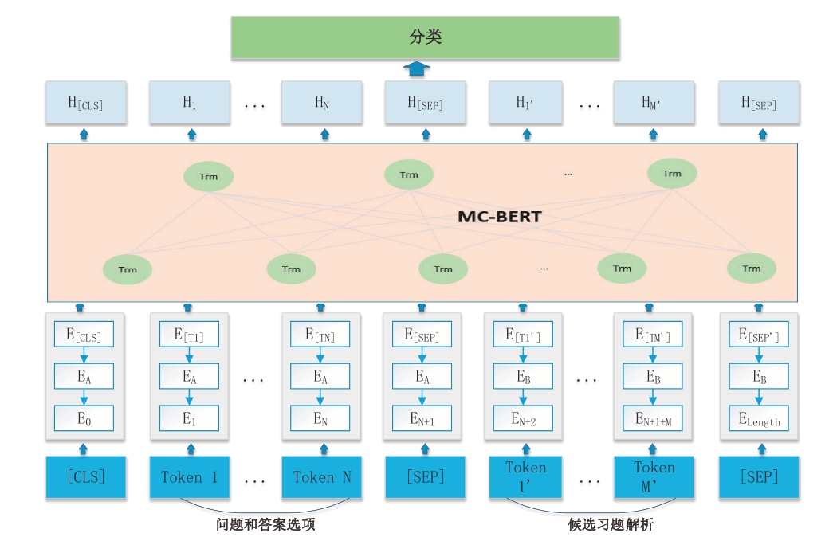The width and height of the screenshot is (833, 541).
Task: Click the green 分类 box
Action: pyautogui.click(x=425, y=37)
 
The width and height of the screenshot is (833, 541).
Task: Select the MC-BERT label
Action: pyautogui.click(x=500, y=217)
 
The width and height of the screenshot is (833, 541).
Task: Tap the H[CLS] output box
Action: pyautogui.click(x=85, y=102)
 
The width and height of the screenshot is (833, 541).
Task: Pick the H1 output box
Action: pyautogui.click(x=190, y=102)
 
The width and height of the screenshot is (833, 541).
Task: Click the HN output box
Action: pyautogui.click(x=322, y=102)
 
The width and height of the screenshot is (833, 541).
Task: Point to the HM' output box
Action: pyautogui.click(x=653, y=102)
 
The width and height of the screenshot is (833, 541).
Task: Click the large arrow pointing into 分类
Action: pyautogui.click(x=416, y=69)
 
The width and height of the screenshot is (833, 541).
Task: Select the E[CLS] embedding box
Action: pyautogui.click(x=84, y=335)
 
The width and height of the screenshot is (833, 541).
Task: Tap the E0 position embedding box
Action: pyautogui.click(x=84, y=418)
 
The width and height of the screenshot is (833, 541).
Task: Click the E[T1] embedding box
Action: pyautogui.click(x=189, y=335)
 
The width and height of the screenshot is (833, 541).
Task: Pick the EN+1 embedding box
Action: pyautogui.click(x=422, y=418)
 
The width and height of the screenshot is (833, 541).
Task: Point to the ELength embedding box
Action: pyautogui.click(x=759, y=418)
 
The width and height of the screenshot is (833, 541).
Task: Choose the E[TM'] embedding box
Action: pyautogui.click(x=653, y=335)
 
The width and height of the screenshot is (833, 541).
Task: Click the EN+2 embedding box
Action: pyautogui.click(x=524, y=418)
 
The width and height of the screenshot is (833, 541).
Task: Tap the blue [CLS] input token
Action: pyautogui.click(x=85, y=477)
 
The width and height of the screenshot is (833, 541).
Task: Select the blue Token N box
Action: pyautogui.click(x=322, y=477)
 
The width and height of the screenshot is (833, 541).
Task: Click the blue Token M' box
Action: pyautogui.click(x=653, y=477)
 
